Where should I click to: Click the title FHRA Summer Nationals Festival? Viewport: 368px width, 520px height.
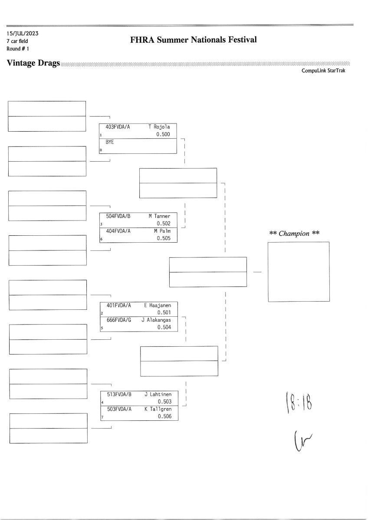193,40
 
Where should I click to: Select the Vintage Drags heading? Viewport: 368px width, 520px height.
33,63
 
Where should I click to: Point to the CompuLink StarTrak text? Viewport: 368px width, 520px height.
323,70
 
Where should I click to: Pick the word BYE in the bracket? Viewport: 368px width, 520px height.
110,142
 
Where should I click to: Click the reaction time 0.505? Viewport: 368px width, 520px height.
164,238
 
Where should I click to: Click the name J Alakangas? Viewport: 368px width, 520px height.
156,320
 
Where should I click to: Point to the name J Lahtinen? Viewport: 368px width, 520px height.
158,394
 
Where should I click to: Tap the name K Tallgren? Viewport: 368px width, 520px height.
158,409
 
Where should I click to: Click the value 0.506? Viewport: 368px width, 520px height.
164,416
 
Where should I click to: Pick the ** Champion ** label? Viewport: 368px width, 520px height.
295,234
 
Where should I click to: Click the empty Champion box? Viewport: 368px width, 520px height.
299,272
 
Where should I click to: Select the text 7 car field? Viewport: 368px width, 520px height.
17,41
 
